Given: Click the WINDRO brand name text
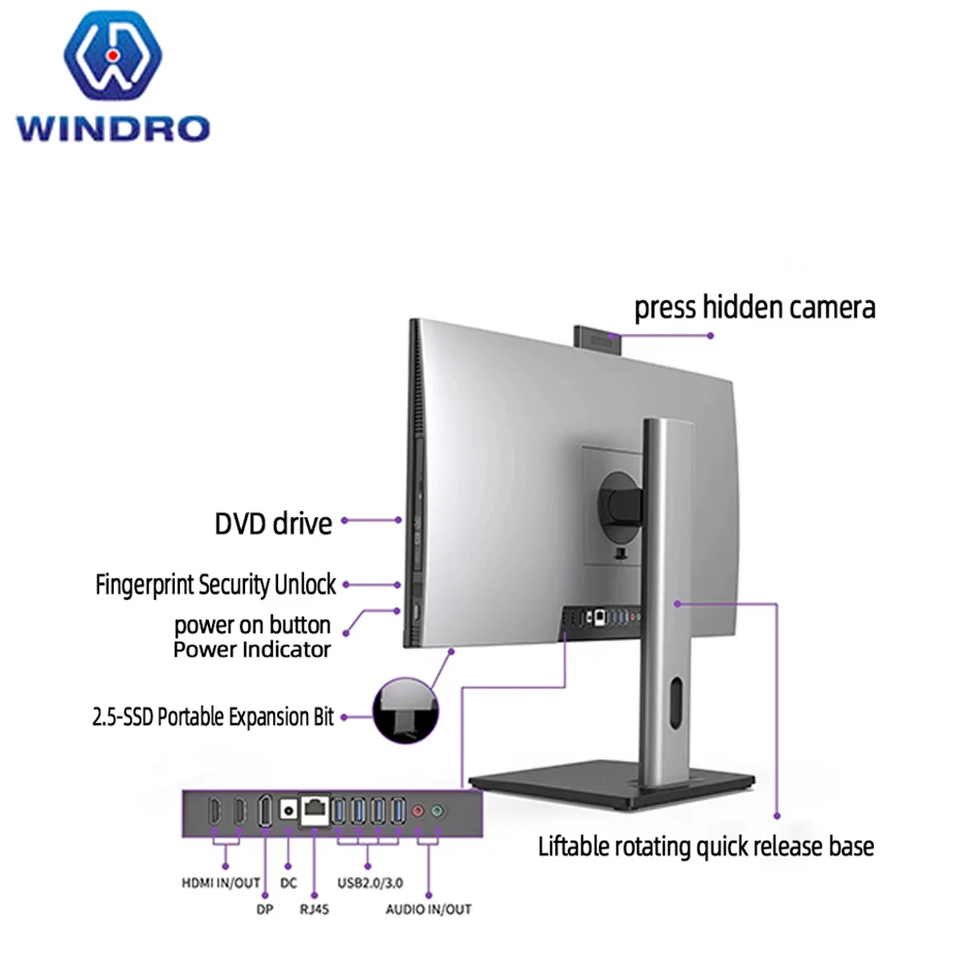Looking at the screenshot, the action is point(112,126).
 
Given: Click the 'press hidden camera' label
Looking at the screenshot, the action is point(754,308).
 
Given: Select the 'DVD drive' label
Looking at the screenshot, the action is point(273,524).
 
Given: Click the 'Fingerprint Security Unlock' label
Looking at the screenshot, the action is point(216,584).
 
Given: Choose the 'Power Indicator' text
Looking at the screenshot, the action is point(252,649).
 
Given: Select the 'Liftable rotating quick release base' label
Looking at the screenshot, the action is point(706,846).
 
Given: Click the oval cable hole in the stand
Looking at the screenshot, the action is point(676,704).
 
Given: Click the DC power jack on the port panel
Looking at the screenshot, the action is point(289,809).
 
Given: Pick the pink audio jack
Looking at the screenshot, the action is point(419,810).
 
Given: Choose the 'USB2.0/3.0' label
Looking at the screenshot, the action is point(367,883).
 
